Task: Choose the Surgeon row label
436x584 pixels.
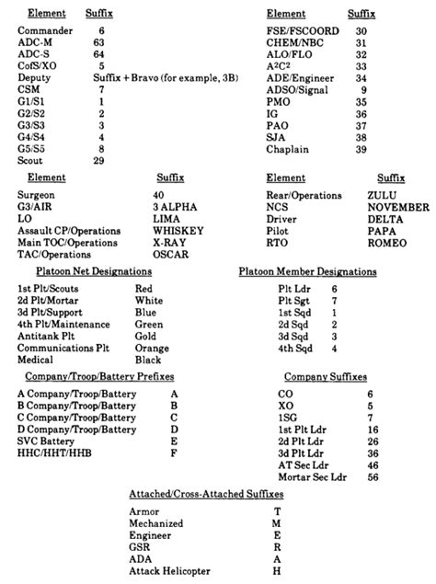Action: pos(36,194)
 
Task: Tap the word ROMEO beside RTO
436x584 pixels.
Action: pos(386,242)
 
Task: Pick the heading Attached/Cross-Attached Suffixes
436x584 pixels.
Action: pos(205,495)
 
